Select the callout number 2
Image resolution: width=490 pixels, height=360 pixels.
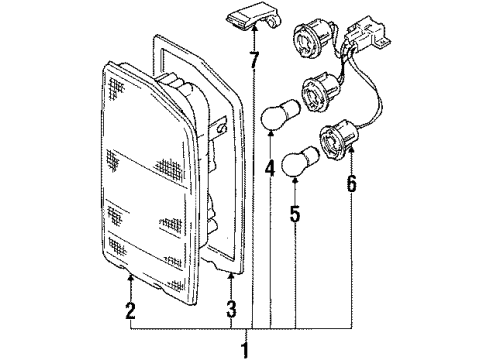[129, 312]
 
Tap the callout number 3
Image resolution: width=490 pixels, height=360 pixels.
[231, 312]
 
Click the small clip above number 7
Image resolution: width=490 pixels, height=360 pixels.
[254, 17]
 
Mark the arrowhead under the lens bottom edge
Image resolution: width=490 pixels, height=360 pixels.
[129, 271]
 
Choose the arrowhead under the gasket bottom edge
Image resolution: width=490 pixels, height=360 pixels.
[231, 271]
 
